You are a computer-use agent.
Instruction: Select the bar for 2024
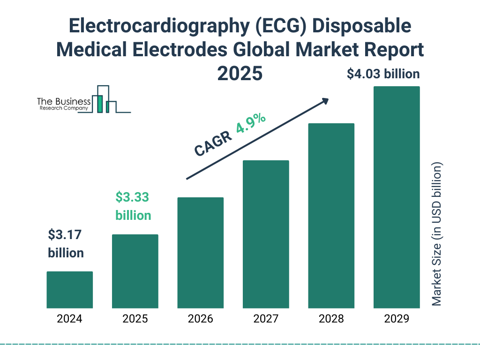69,290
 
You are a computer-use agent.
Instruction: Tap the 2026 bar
201,253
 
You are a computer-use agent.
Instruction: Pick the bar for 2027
266,234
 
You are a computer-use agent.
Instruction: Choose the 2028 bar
331,216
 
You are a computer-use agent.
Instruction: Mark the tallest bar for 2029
397,197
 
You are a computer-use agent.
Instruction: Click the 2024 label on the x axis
69,319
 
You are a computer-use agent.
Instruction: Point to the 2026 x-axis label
201,319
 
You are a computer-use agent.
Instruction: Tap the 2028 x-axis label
331,319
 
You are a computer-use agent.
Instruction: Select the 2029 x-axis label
397,319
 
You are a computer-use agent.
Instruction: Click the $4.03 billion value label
383,74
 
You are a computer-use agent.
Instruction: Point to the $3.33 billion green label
133,206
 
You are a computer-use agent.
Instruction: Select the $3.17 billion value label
66,244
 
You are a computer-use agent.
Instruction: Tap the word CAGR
212,143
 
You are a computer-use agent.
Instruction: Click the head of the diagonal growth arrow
325,101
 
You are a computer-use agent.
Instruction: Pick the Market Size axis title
437,234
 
